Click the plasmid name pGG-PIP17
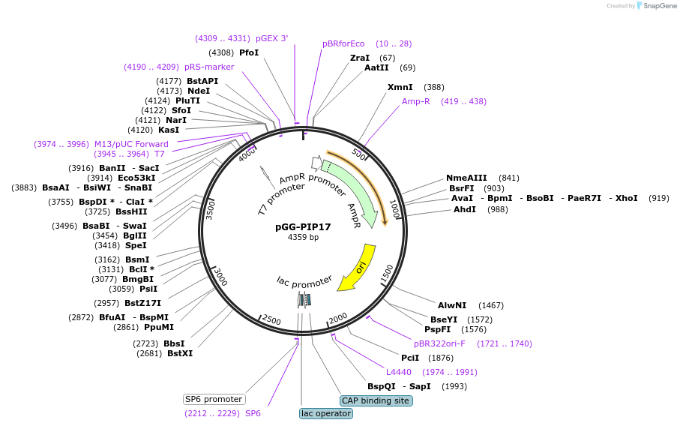(x=303, y=227)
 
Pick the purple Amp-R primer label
(x=415, y=101)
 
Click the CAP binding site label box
(x=376, y=400)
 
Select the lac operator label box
(x=325, y=413)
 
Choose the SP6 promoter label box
(x=214, y=399)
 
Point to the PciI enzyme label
(x=410, y=358)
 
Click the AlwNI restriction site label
(x=452, y=305)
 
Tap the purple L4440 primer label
(x=399, y=372)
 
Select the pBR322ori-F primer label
(x=439, y=343)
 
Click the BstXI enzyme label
(x=180, y=353)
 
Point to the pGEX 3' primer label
(x=271, y=38)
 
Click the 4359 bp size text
(x=303, y=238)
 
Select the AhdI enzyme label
(x=464, y=209)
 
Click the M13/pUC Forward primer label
(x=131, y=144)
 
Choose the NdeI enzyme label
(x=199, y=91)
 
